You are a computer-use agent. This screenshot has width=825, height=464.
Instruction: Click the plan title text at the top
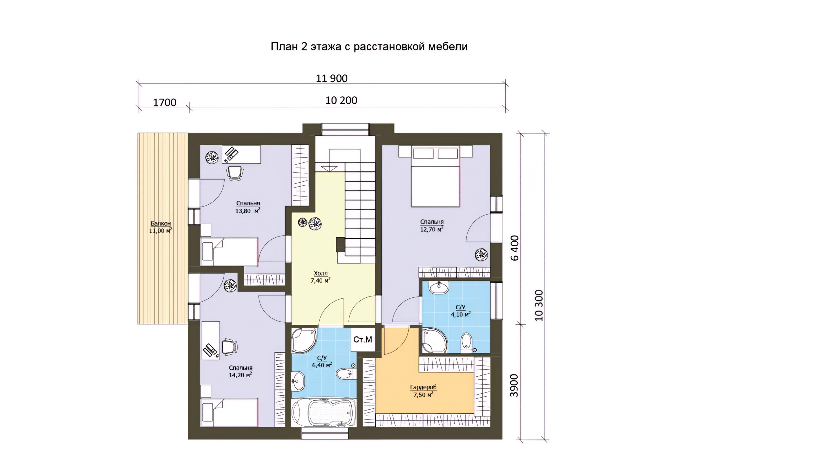click(x=369, y=47)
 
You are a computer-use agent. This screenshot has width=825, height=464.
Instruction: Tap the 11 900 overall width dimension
click(x=332, y=78)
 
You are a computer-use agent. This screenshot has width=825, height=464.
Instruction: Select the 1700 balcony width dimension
click(x=164, y=102)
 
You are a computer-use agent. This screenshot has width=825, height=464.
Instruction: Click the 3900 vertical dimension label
click(x=514, y=385)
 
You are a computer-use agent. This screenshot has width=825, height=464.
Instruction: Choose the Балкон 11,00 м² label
click(x=160, y=227)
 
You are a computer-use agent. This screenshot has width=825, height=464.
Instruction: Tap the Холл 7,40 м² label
click(x=321, y=277)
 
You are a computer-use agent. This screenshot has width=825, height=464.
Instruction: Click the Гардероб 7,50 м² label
click(x=423, y=391)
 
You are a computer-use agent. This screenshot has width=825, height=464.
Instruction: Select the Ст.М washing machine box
click(x=363, y=340)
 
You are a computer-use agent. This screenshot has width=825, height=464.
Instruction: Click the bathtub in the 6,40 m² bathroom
click(x=324, y=413)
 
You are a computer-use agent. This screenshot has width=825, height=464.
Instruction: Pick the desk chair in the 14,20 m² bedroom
click(x=230, y=347)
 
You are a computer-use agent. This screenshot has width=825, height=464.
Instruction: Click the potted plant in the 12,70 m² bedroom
click(x=481, y=255)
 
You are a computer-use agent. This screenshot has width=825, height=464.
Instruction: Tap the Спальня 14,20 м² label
click(x=241, y=372)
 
